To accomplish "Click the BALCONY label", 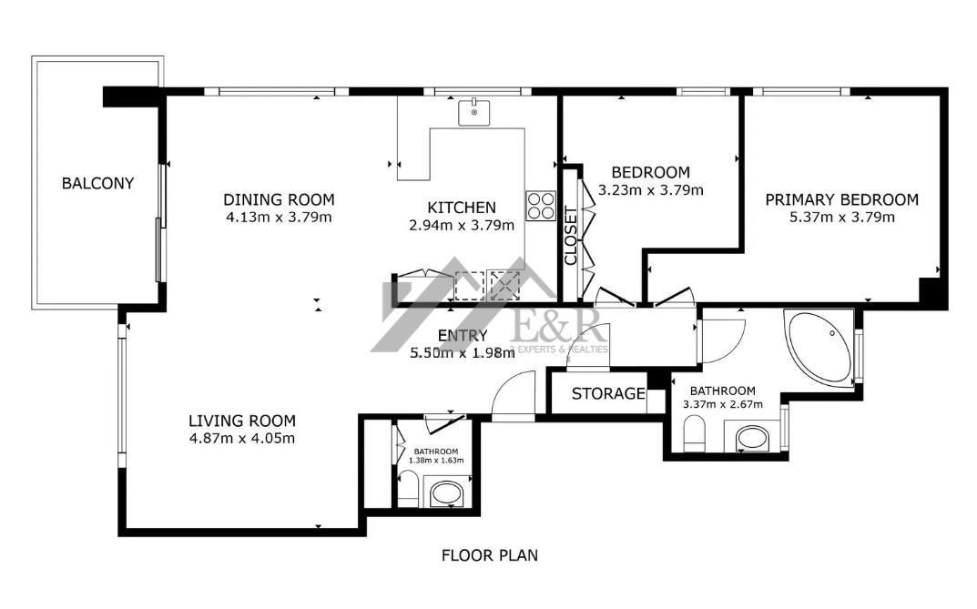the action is tap(97, 183).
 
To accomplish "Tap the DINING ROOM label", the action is tap(279, 199).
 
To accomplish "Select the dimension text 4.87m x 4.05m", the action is tap(242, 439).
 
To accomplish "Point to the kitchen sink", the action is tap(473, 112).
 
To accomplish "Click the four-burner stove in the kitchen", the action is tap(540, 206).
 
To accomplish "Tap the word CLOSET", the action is tap(571, 236).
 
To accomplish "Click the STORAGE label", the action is tap(608, 393).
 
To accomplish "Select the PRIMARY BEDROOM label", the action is tap(842, 199).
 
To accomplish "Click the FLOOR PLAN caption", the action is tap(490, 554).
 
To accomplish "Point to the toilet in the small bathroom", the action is tap(408, 489).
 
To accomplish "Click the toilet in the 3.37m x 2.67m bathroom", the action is tap(694, 434).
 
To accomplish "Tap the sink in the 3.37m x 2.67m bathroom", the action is tap(753, 439).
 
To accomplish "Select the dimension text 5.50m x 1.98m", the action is tap(463, 352).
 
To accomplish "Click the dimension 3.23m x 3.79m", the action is tap(650, 189).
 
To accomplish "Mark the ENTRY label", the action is tap(463, 336).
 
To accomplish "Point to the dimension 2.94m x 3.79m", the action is tap(462, 225).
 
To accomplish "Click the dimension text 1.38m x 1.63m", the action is tap(436, 461).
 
